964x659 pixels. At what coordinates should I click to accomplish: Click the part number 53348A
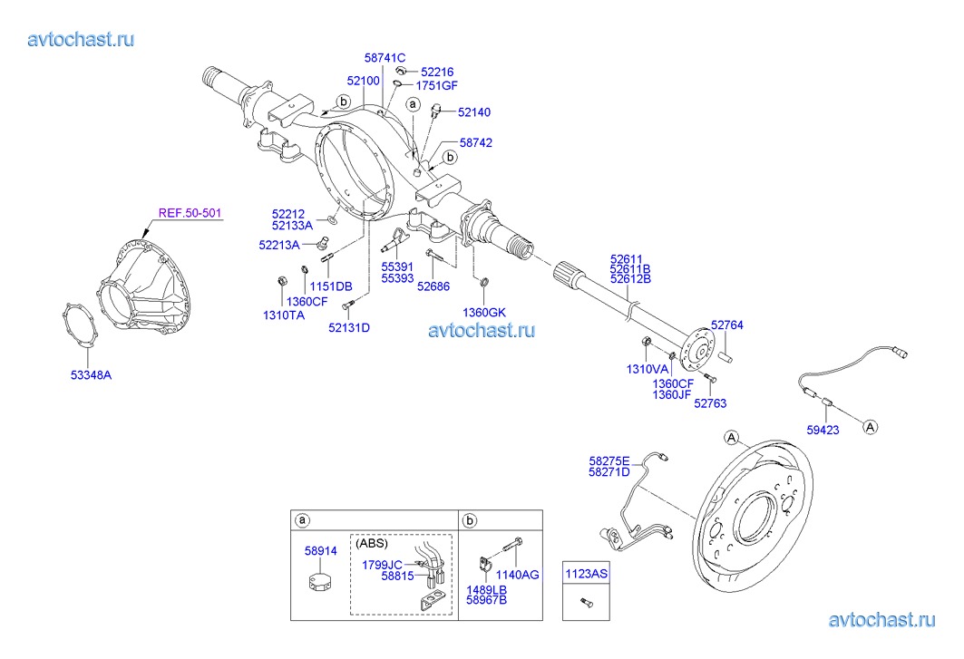tap(93, 373)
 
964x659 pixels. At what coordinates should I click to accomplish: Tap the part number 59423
tap(823, 431)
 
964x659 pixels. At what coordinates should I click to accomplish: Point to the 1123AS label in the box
tap(584, 574)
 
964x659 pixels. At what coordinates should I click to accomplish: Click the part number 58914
tap(320, 550)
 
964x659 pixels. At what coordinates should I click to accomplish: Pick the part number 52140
tap(473, 112)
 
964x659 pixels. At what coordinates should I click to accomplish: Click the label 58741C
tap(385, 57)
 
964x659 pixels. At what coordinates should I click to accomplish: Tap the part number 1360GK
tap(483, 312)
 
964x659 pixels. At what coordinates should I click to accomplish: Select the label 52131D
tap(349, 327)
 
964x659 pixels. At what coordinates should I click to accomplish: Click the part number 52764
tap(726, 325)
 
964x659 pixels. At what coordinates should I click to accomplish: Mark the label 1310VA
tap(648, 369)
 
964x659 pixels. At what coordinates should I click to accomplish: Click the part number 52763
tap(710, 403)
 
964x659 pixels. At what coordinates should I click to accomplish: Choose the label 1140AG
tap(519, 575)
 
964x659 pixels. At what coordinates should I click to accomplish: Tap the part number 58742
tap(475, 143)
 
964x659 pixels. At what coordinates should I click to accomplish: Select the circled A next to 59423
tap(869, 425)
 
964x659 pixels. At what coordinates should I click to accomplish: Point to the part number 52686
tap(433, 286)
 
